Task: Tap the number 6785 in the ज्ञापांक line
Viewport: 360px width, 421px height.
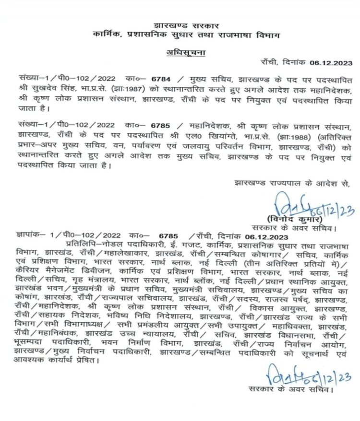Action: (x=169, y=236)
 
